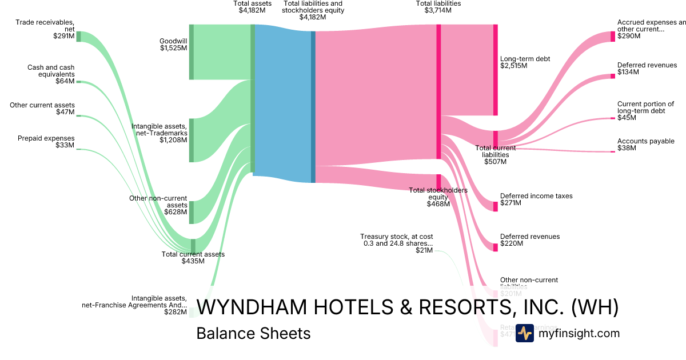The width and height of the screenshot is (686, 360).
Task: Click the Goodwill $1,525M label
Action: [173, 45]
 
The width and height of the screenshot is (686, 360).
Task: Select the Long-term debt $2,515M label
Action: [525, 62]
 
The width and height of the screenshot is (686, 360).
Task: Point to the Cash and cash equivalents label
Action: [51, 74]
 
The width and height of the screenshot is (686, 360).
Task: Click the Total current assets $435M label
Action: [193, 258]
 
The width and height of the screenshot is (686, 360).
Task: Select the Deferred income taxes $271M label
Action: [536, 199]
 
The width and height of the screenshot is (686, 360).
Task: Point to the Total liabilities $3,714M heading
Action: [438, 7]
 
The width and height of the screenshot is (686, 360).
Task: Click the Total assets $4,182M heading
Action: [249, 7]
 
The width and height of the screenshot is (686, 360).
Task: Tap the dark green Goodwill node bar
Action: [192, 52]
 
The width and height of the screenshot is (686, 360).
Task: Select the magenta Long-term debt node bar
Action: [496, 70]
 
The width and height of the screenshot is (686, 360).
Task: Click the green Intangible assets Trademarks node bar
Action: [192, 140]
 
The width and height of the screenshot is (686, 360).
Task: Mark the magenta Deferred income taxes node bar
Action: [496, 206]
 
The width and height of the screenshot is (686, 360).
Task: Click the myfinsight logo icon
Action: [524, 333]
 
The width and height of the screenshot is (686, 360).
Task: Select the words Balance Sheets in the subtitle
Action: [253, 333]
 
